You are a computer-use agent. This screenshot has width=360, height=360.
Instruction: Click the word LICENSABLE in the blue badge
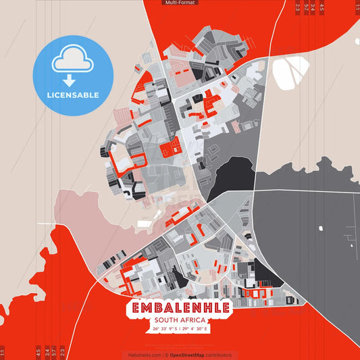point(73,95)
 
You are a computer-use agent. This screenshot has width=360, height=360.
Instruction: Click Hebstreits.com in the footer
point(143,355)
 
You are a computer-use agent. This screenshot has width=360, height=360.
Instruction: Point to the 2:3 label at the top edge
point(298,8)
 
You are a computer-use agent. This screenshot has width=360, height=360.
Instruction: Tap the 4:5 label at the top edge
point(322,8)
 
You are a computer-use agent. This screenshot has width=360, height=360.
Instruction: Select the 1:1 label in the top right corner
point(357,8)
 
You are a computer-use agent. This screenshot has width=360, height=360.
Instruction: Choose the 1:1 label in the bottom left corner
point(3,352)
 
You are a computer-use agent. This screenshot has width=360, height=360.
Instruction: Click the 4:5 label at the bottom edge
point(38,352)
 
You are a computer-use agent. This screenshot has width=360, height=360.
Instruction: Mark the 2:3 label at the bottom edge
point(62,352)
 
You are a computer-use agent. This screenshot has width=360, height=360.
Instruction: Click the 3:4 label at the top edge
point(313,8)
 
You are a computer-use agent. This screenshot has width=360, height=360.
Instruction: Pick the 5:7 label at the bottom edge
point(54,352)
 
